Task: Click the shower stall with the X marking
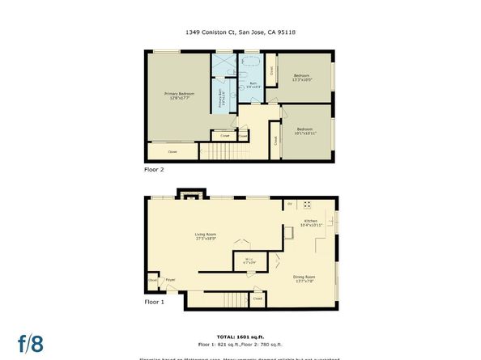pyautogui.click(x=223, y=64)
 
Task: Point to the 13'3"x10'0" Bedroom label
pyautogui.click(x=301, y=78)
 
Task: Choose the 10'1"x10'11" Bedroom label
pyautogui.click(x=304, y=130)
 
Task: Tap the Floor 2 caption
pyautogui.click(x=153, y=170)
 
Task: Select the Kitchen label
pyautogui.click(x=312, y=222)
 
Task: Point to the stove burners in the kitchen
pyautogui.click(x=307, y=203)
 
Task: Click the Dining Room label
pyautogui.click(x=304, y=278)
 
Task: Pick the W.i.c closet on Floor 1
pyautogui.click(x=249, y=260)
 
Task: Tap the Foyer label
pyautogui.click(x=171, y=280)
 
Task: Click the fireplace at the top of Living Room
pyautogui.click(x=191, y=196)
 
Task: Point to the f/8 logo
pyautogui.click(x=31, y=342)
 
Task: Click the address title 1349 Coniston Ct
pyautogui.click(x=240, y=33)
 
